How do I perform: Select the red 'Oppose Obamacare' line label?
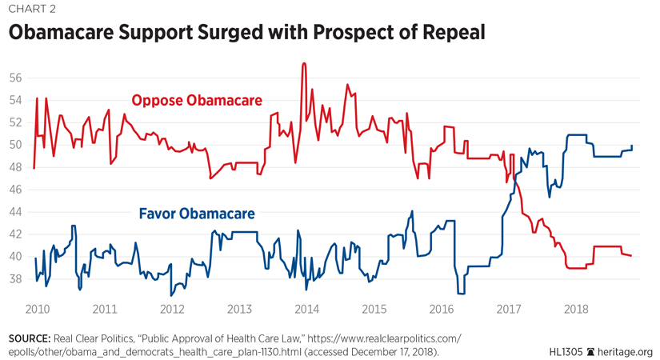(x=197, y=100)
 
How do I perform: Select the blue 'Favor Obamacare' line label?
(x=197, y=214)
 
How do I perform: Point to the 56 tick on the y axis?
(x=15, y=78)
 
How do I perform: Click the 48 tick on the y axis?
(x=15, y=167)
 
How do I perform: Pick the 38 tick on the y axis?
(x=15, y=279)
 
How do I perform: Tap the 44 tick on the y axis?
(x=15, y=212)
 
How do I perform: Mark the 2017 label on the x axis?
(x=509, y=309)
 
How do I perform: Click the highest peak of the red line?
(x=303, y=63)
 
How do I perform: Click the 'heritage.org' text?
(x=626, y=351)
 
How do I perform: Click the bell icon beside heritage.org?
(x=592, y=351)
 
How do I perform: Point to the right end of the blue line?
(x=632, y=146)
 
